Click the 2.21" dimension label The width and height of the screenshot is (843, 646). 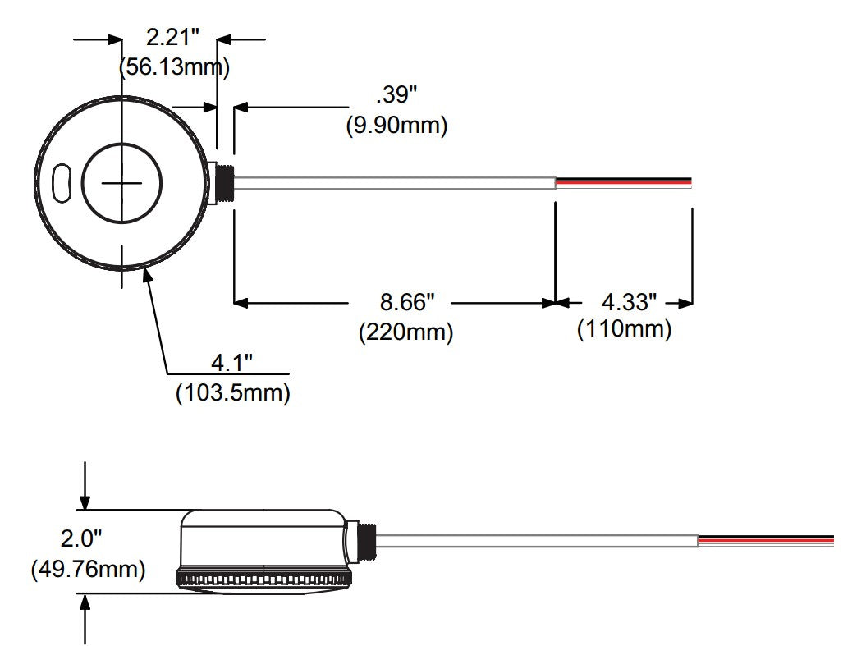(x=172, y=37)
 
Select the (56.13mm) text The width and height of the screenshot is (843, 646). (x=174, y=67)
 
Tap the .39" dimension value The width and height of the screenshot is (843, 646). (x=397, y=95)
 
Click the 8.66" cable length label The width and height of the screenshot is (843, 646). (x=406, y=302)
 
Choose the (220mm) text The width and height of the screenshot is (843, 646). (x=406, y=332)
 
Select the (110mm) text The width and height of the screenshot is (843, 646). (x=625, y=330)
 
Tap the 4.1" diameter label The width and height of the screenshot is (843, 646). (x=232, y=362)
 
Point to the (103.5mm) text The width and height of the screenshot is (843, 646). (x=233, y=393)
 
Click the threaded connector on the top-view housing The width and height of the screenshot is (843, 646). (x=222, y=183)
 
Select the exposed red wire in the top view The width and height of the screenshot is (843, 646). (x=624, y=180)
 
